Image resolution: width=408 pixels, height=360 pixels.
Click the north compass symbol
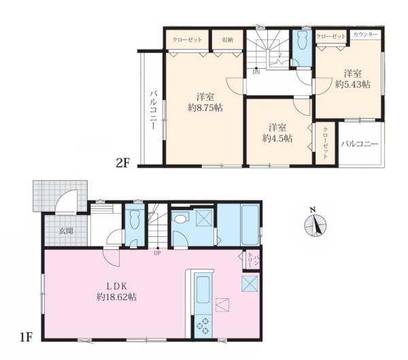pos(316,224)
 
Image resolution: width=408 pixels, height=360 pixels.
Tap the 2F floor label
pos(123,163)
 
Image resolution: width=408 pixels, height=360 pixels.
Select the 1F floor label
pos(26,338)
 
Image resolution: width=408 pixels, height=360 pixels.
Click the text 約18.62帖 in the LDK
pos(116,297)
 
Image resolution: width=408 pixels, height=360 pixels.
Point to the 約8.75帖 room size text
pos(205,108)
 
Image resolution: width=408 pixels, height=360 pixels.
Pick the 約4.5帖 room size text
pos(277,138)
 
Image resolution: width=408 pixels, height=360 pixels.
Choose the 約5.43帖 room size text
pos(353,84)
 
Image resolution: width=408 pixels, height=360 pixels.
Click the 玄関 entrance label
pos(66,231)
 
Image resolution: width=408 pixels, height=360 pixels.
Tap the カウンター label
pos(366,35)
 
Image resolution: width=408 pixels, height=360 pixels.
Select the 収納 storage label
pos(227,40)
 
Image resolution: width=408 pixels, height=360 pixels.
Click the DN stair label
pos(256,73)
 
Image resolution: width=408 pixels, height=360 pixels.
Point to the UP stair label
pos(157,253)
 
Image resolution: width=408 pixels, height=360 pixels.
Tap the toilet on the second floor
pos(302,40)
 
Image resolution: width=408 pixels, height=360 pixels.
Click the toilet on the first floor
pos(135,219)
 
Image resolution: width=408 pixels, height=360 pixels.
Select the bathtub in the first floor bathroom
pos(250,225)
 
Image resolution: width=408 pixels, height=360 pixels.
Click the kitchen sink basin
pos(203,290)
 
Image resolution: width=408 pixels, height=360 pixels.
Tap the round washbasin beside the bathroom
pos(182,218)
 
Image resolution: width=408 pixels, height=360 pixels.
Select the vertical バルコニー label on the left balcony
pos(154,110)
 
